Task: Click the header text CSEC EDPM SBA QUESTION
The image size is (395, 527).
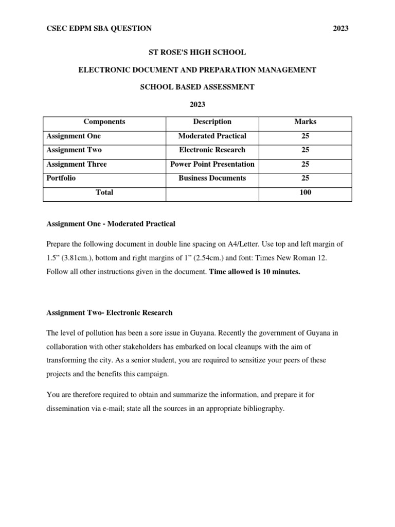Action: (x=99, y=28)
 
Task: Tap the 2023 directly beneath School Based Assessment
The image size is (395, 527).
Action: (x=197, y=104)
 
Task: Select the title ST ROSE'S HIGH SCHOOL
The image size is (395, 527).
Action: (x=197, y=52)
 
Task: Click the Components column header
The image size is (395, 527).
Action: (x=104, y=122)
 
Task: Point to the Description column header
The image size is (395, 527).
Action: (x=212, y=122)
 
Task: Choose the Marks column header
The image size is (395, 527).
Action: (x=305, y=122)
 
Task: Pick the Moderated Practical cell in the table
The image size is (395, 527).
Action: (x=212, y=136)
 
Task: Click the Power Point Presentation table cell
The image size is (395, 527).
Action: (x=212, y=164)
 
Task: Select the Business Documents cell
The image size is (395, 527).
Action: (x=212, y=178)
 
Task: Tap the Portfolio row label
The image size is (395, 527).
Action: (x=61, y=178)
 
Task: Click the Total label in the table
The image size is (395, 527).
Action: (x=104, y=192)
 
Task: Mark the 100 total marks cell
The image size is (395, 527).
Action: (x=305, y=192)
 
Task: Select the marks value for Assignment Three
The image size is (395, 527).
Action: (x=305, y=164)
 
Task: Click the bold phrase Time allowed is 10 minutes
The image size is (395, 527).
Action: (x=255, y=272)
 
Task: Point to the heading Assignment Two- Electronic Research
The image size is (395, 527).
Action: (x=110, y=312)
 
